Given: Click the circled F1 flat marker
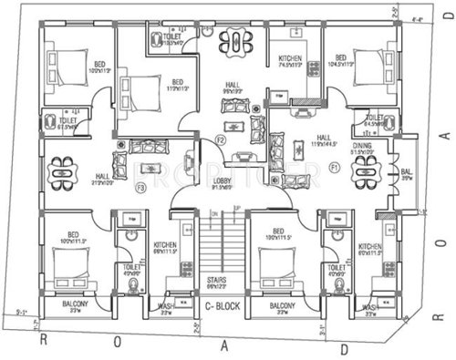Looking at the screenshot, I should tap(335, 168).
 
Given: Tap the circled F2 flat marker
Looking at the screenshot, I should tap(220, 139).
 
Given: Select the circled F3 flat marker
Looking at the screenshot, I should tap(140, 188).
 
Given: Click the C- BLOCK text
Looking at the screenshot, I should tap(222, 307).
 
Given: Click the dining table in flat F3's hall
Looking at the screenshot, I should tap(60, 170).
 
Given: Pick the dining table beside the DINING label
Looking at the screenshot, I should tap(365, 169).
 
